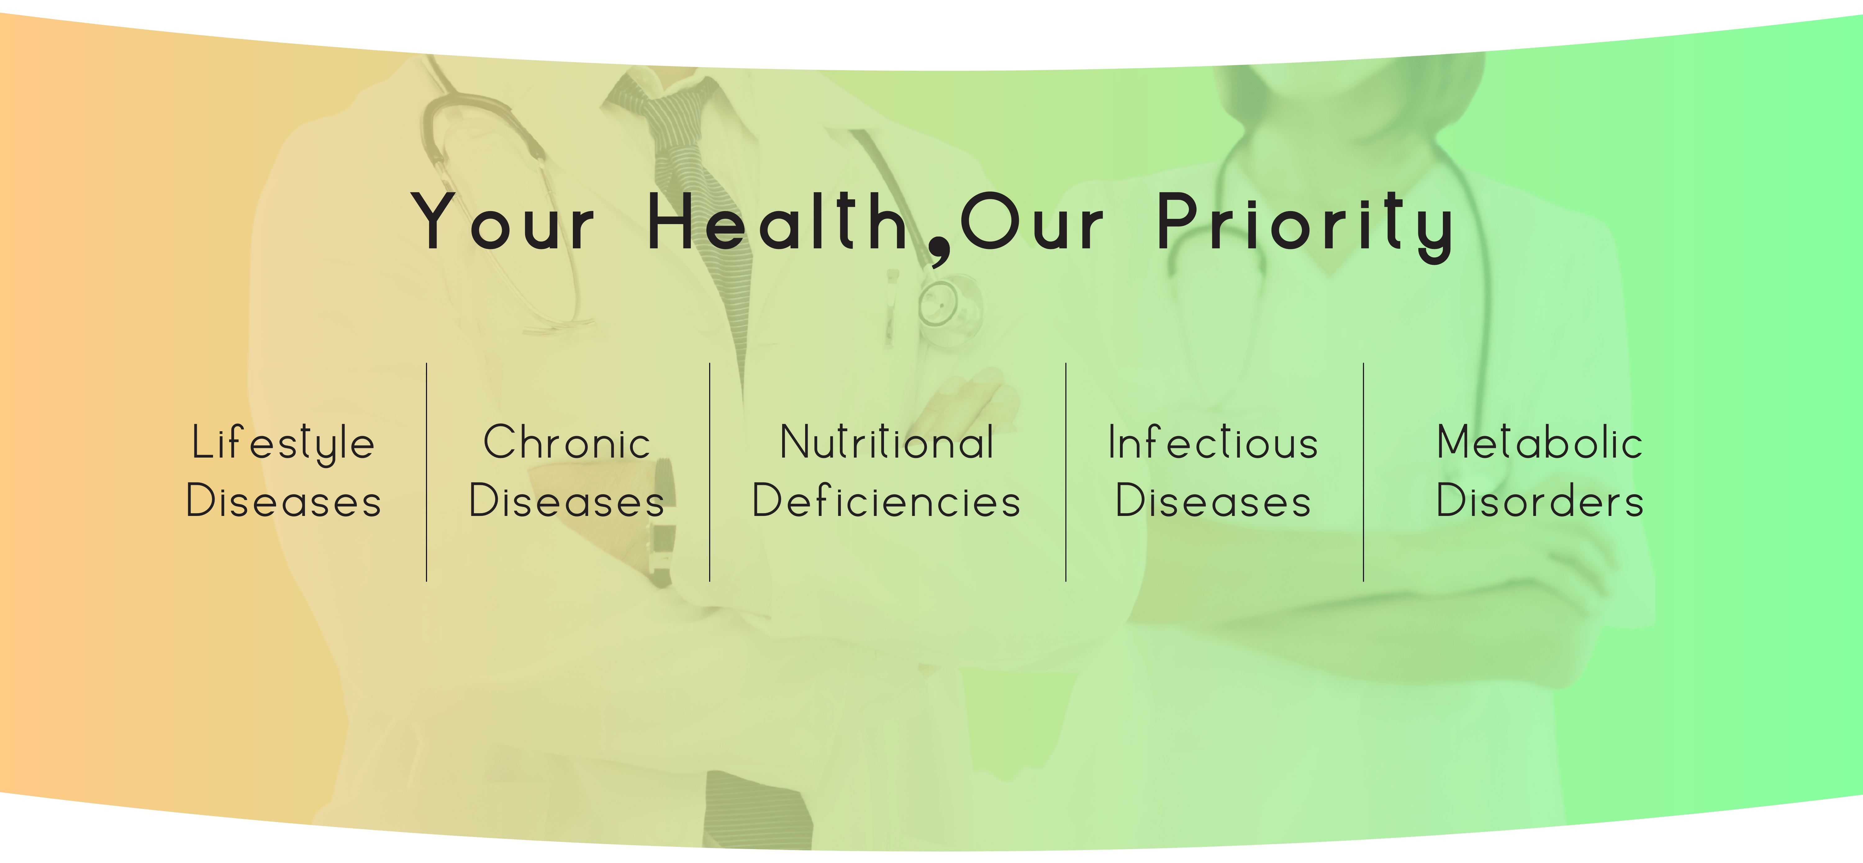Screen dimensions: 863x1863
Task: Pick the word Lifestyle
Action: point(283,443)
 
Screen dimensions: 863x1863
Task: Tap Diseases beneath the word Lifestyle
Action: point(283,501)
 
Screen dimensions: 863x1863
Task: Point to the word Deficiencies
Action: point(887,501)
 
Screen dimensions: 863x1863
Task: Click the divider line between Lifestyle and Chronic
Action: point(427,472)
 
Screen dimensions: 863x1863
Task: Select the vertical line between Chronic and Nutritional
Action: point(709,472)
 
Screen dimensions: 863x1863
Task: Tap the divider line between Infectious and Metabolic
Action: point(1363,472)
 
